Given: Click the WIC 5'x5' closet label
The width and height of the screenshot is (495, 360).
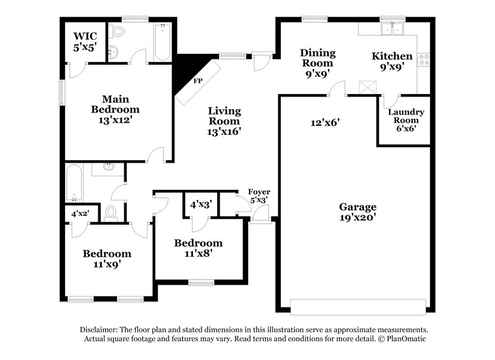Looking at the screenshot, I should (x=85, y=40).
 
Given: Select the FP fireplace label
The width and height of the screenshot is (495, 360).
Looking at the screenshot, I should (x=197, y=81).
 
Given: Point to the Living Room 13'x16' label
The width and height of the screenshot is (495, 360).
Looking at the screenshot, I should (x=223, y=121).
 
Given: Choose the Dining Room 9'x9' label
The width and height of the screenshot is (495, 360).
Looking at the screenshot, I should (x=317, y=62).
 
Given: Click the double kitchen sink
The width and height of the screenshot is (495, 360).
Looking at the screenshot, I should (x=392, y=29).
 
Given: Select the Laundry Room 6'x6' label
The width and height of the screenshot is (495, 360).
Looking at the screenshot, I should (x=405, y=120).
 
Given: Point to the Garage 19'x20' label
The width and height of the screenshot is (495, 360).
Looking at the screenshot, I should (x=357, y=212).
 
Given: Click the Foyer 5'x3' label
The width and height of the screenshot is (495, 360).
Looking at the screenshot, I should (x=260, y=195).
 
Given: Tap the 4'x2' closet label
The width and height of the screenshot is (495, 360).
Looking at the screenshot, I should (x=80, y=213).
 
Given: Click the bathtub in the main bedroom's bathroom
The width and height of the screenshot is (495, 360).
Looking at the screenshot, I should (x=162, y=42).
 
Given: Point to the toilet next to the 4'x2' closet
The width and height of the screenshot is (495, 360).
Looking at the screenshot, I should (x=111, y=213).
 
